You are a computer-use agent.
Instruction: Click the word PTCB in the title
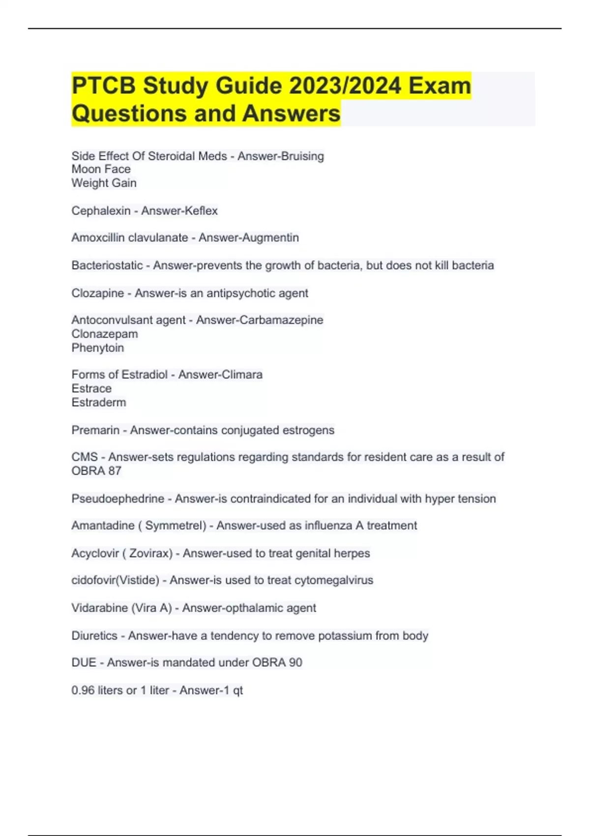(x=103, y=86)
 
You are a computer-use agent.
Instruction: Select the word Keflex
(x=199, y=211)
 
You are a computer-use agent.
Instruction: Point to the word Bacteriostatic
(x=107, y=266)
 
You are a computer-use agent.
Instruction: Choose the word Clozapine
(x=97, y=294)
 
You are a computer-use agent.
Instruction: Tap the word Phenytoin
(x=97, y=348)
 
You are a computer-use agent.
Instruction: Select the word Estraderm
(x=98, y=403)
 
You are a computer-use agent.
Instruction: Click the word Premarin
(x=95, y=430)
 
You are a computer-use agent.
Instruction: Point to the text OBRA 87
(x=96, y=471)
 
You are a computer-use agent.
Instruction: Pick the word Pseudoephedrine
(x=118, y=499)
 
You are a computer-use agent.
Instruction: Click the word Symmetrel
(x=175, y=526)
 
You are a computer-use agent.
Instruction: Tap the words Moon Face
(x=101, y=170)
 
